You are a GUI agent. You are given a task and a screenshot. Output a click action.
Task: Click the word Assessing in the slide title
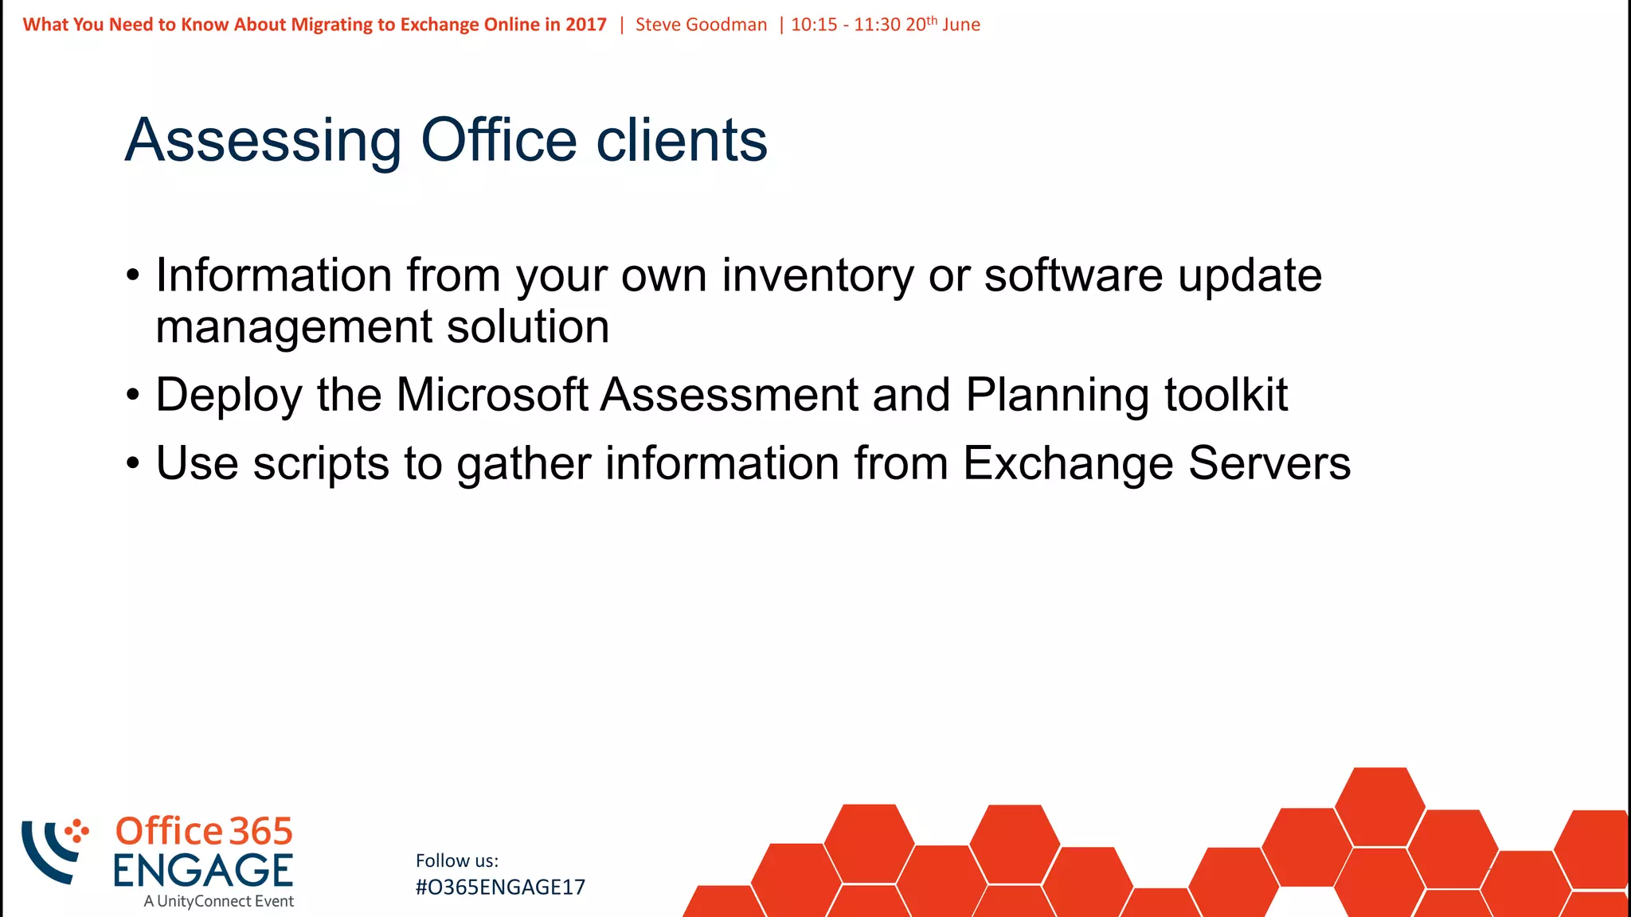263,142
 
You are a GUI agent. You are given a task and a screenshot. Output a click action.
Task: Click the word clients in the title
682,140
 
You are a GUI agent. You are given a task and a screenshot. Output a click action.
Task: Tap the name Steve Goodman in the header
701,25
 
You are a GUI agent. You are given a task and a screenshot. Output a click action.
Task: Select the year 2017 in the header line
585,25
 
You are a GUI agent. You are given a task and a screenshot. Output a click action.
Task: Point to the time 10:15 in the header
814,25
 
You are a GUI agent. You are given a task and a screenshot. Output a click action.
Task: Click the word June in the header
960,25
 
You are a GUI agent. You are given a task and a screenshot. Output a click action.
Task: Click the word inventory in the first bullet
818,276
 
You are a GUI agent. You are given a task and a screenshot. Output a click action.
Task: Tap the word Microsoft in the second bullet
491,395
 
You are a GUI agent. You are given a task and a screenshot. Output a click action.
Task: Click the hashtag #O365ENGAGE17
500,888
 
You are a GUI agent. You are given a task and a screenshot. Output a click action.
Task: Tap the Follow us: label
456,861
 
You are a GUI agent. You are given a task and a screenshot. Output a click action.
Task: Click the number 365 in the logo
261,832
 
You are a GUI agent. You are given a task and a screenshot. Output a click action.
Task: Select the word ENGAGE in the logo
203,871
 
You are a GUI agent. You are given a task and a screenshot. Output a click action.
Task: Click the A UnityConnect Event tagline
218,902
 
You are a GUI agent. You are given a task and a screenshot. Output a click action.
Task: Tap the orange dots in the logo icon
76,831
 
